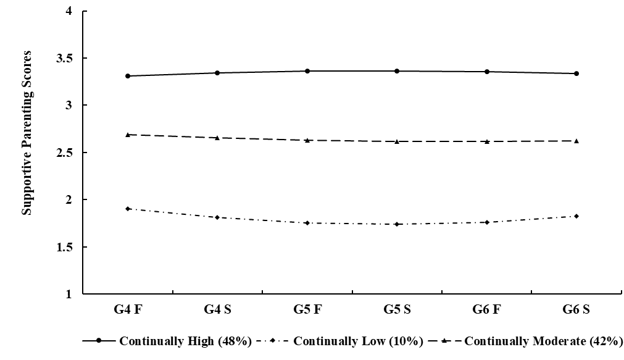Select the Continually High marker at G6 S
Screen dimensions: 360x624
pos(576,73)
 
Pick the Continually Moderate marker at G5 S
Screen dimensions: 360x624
pos(397,141)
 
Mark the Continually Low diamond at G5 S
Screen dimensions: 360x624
pos(397,224)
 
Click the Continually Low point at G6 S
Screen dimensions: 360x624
pos(576,216)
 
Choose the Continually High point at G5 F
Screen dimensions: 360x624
pos(307,71)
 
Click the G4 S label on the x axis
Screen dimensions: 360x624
pos(218,311)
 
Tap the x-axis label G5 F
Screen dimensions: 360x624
pos(307,311)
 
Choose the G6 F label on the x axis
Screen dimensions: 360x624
pos(487,311)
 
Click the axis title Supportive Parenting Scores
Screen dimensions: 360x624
pos(27,133)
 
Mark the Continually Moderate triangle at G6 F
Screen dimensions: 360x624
pos(487,141)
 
